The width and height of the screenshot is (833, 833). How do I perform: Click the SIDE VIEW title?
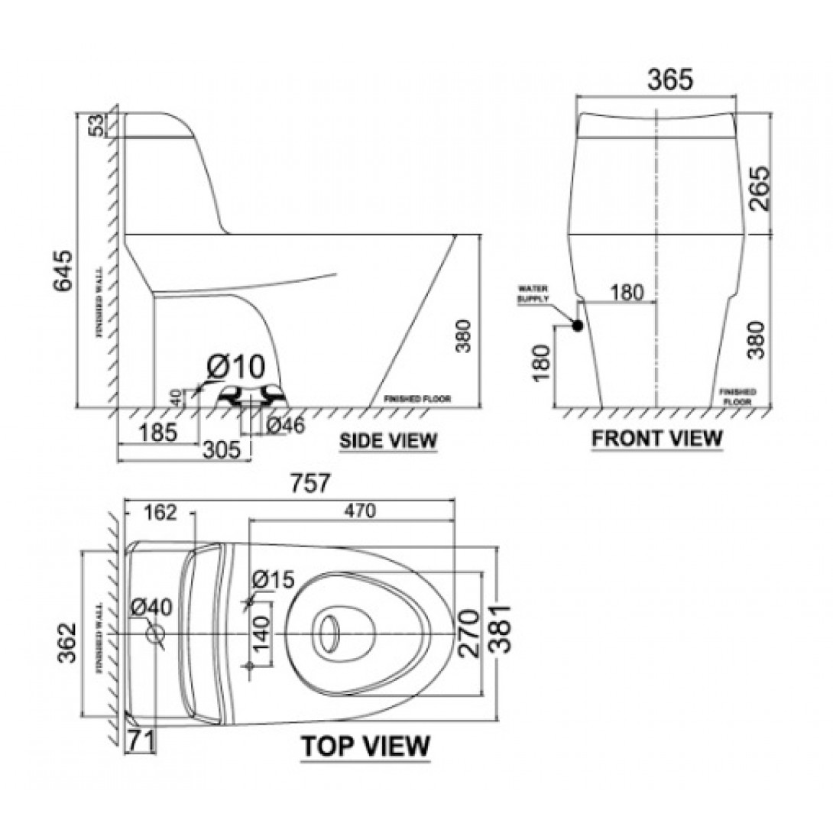click(388, 441)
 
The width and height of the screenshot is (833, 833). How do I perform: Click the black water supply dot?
click(577, 326)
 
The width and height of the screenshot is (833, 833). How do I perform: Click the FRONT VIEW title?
click(657, 438)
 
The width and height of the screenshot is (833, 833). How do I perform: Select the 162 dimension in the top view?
click(158, 513)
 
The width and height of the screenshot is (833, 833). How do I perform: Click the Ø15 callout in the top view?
click(272, 581)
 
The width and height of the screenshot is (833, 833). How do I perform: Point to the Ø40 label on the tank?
click(151, 608)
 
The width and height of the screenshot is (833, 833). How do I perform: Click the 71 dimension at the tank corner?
click(142, 739)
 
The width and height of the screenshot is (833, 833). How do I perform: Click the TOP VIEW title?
click(365, 745)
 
